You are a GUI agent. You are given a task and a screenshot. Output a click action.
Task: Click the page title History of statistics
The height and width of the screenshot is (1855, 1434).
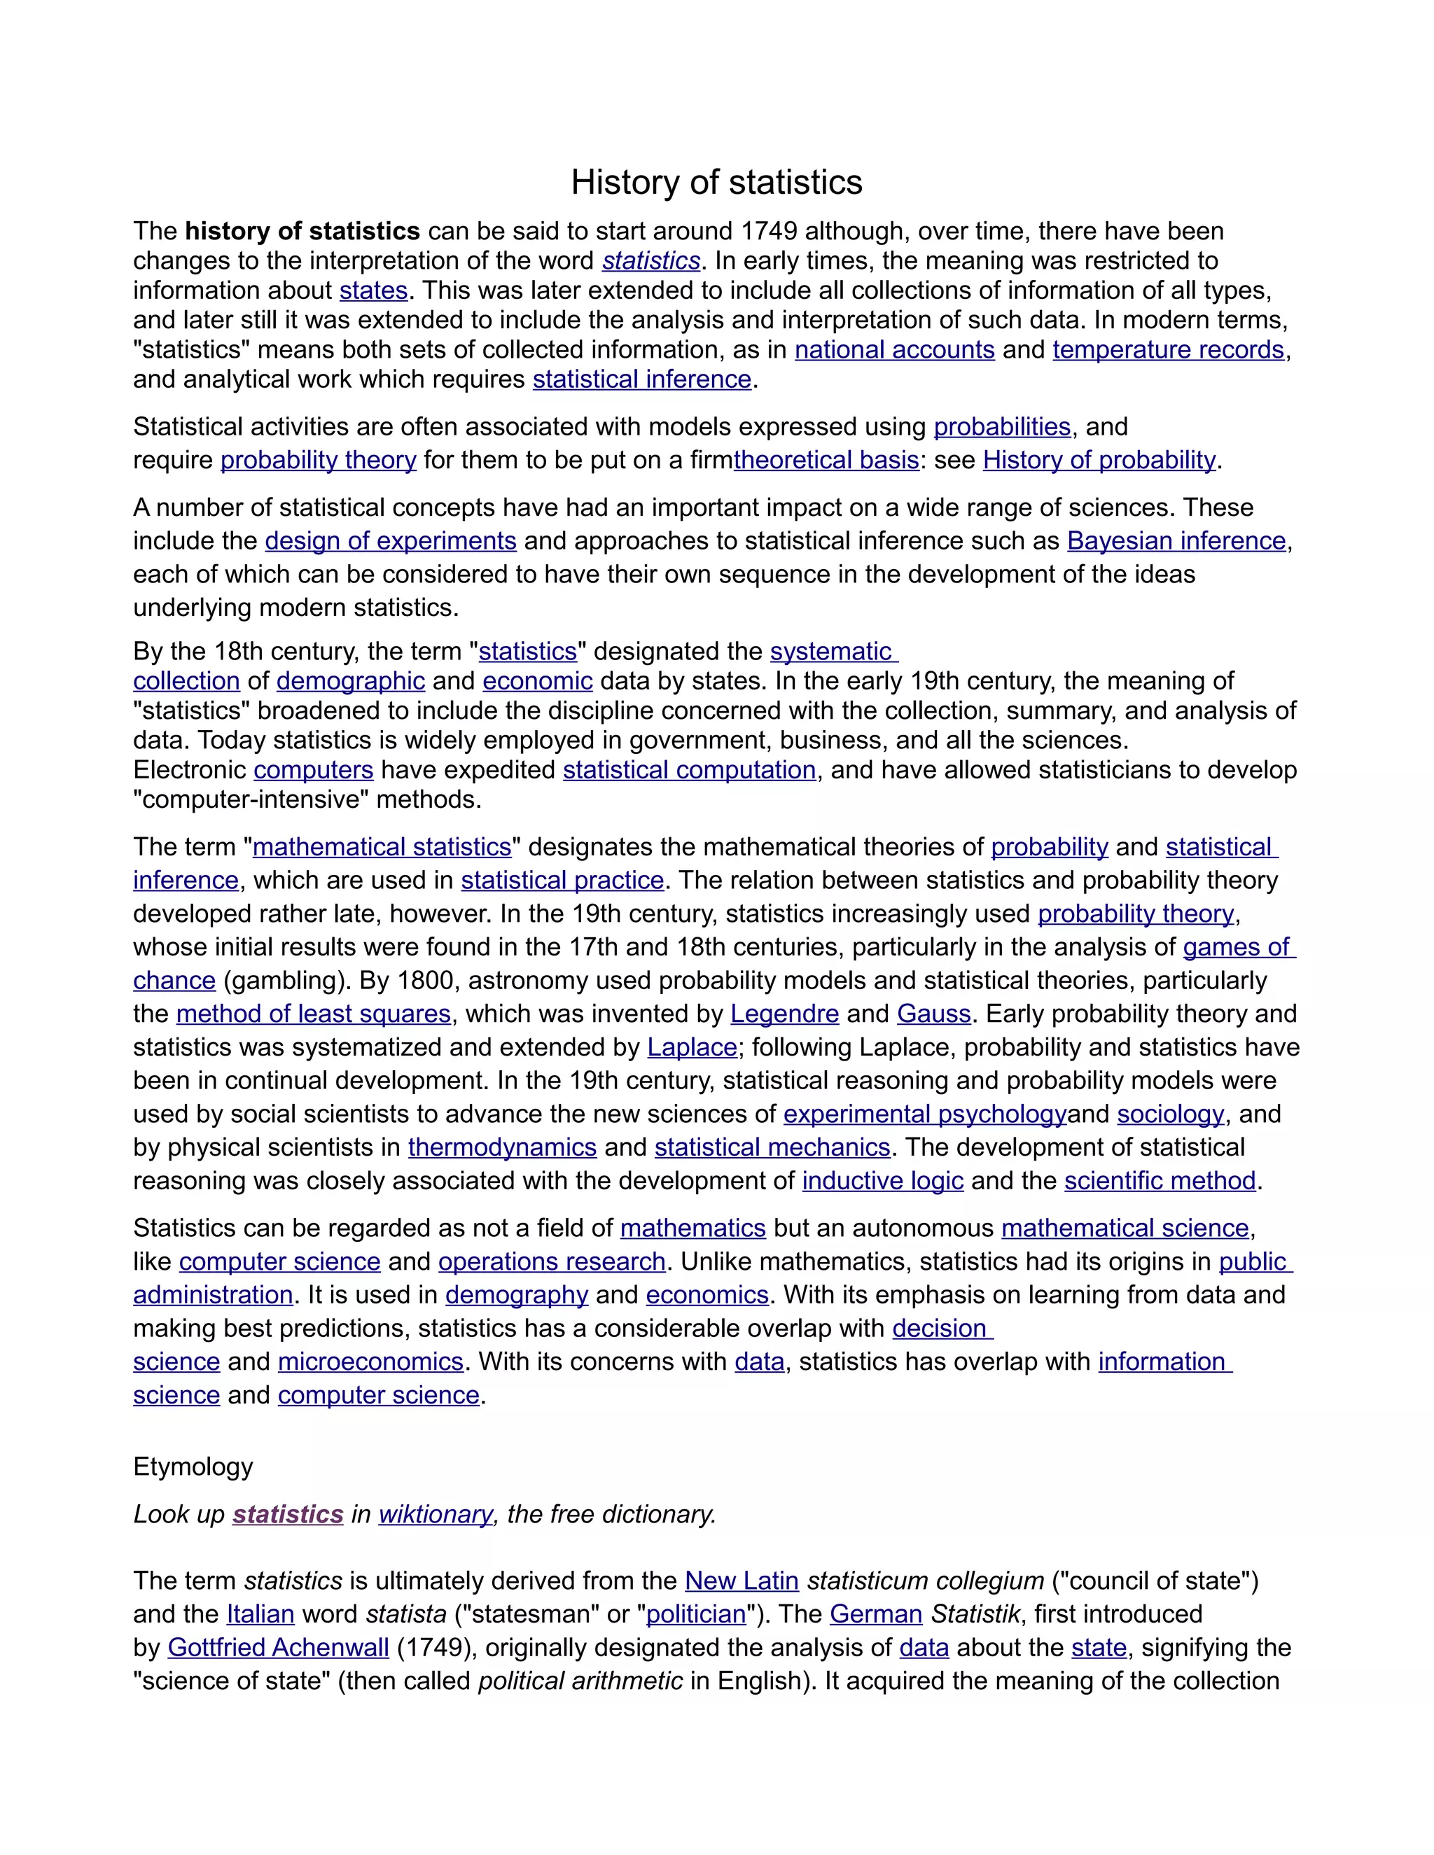716,183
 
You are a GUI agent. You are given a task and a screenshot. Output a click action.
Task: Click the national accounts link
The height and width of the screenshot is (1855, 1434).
895,350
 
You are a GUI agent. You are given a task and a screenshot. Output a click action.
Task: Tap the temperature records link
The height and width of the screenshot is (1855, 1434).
1168,350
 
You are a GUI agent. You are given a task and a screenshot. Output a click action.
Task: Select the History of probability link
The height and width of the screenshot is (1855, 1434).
1099,461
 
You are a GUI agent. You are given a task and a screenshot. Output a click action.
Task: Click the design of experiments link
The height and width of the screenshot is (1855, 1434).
391,541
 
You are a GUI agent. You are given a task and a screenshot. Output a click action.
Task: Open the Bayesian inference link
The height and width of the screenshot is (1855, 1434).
1176,541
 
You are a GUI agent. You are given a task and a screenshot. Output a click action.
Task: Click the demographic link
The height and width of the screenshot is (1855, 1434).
351,681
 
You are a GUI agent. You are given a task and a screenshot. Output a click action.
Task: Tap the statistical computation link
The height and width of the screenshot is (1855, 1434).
689,771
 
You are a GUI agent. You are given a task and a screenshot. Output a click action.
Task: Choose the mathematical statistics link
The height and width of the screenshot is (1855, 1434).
382,848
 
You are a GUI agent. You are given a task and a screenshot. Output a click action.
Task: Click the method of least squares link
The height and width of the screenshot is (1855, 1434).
314,1014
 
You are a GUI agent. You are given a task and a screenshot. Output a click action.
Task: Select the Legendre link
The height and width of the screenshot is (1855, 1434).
784,1014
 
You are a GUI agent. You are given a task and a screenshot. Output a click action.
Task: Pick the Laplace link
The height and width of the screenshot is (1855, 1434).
692,1047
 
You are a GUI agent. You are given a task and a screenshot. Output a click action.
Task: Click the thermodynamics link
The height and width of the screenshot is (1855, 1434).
502,1147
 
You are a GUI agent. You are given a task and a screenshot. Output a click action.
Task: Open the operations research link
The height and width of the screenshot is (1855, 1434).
551,1262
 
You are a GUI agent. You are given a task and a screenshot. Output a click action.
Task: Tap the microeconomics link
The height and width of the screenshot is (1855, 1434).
370,1362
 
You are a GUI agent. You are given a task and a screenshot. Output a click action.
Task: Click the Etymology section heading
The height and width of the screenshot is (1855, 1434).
193,1466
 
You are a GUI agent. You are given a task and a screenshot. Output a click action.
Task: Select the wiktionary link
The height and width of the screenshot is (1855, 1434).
435,1514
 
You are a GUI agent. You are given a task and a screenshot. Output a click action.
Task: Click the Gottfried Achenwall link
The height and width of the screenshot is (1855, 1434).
278,1648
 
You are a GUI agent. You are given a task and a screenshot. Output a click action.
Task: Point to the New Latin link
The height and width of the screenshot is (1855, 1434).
742,1581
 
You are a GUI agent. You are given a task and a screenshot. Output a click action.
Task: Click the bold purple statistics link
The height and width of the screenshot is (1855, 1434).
288,1514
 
